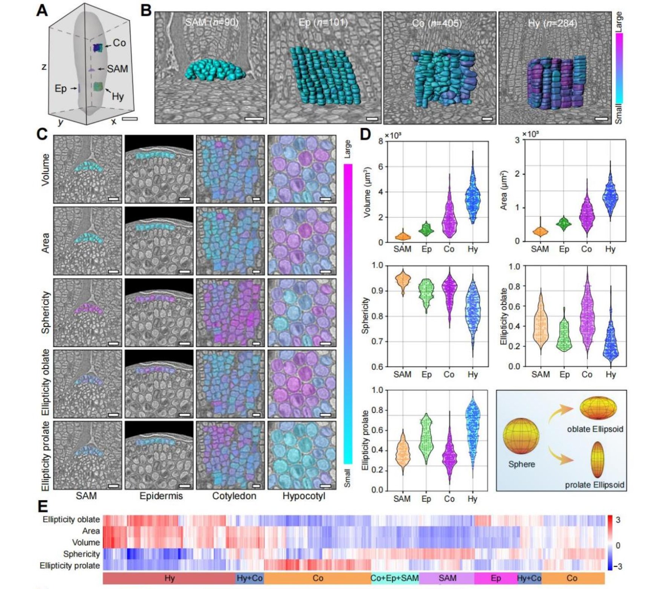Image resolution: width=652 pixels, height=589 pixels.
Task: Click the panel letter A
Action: pos(42,10)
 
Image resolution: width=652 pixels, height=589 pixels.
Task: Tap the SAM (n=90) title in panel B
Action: pos(212,23)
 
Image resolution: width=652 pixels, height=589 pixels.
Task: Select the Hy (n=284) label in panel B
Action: pos(553,23)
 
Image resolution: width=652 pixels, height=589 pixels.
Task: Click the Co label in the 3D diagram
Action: pos(119,43)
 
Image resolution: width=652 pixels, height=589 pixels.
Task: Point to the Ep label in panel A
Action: pos(61,89)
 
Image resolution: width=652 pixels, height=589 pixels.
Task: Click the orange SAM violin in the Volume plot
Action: pos(403,236)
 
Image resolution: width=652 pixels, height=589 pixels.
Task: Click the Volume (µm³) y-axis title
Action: pos(367,192)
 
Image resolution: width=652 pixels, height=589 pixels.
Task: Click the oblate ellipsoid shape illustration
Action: pos(598,408)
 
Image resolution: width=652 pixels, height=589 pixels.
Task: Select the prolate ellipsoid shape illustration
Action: pos(597,460)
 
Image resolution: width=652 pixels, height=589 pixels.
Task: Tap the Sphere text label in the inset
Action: pos(522,464)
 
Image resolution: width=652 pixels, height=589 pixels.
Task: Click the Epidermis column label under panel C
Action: pos(161,496)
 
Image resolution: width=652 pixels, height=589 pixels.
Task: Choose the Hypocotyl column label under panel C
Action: pos(304,496)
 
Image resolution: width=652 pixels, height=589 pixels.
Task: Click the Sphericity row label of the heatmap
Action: pos(81,554)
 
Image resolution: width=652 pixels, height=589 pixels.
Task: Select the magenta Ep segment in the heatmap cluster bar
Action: pos(495,578)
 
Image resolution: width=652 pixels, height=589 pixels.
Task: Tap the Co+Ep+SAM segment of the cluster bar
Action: pos(395,578)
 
